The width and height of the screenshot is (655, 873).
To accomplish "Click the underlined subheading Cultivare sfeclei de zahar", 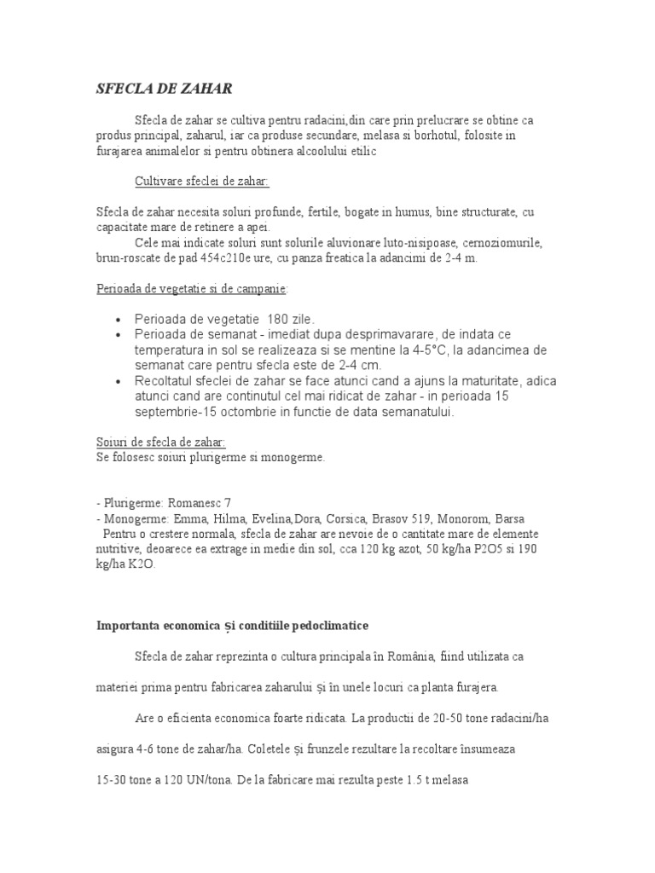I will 201,182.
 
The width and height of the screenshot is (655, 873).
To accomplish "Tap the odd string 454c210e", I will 260,257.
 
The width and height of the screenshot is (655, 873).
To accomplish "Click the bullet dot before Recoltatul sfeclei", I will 116,381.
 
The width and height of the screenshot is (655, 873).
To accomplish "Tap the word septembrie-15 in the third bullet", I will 183,412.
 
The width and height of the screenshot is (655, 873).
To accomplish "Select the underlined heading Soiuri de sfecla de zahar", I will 160,442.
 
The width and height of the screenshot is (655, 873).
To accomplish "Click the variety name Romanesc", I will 185,503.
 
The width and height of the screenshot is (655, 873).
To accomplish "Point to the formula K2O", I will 142,564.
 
